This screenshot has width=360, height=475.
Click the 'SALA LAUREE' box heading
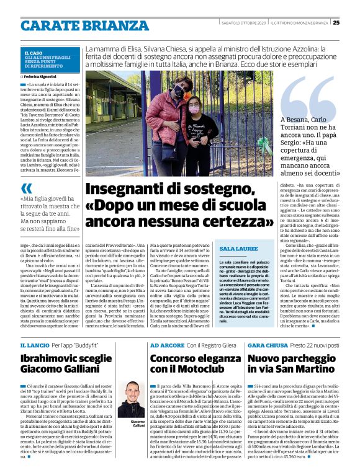(221, 248)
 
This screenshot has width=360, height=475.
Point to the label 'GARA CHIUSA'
(265, 344)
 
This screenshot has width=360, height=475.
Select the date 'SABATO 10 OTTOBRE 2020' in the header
(243, 23)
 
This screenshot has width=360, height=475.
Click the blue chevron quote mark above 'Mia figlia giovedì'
(25, 188)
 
